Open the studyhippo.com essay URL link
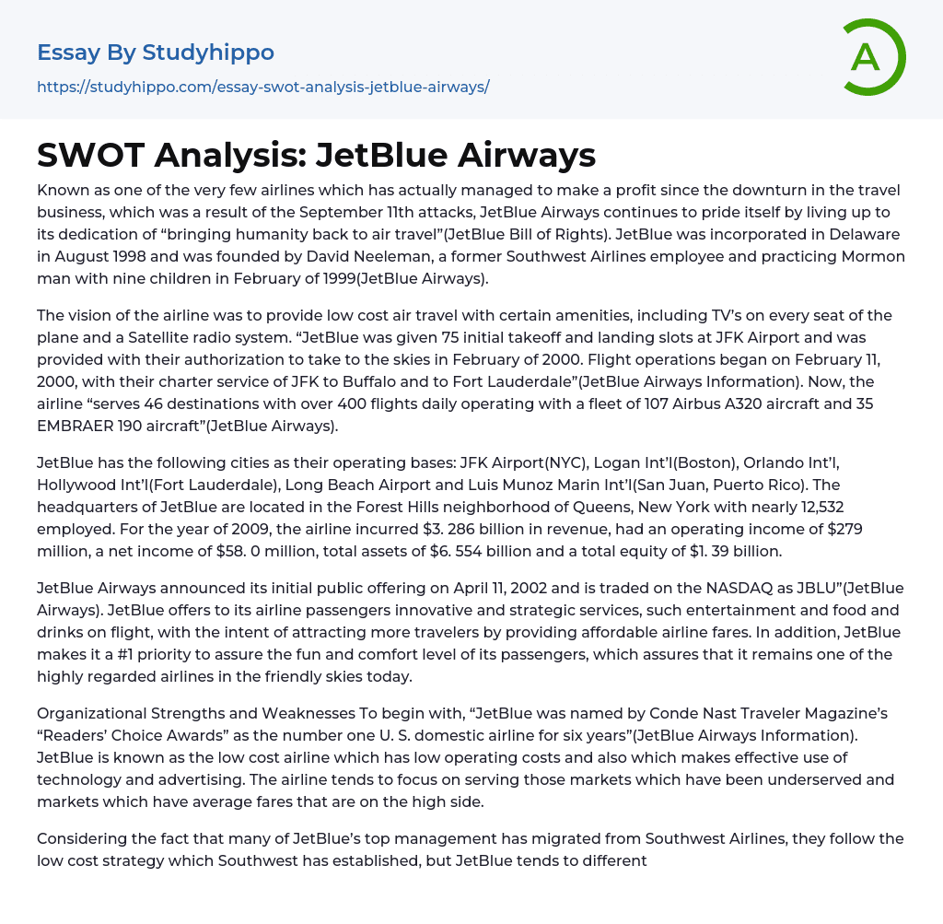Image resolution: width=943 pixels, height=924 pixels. coord(262,88)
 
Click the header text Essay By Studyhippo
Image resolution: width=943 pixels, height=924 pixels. coord(156,53)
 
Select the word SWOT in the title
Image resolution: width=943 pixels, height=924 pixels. coord(89,155)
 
